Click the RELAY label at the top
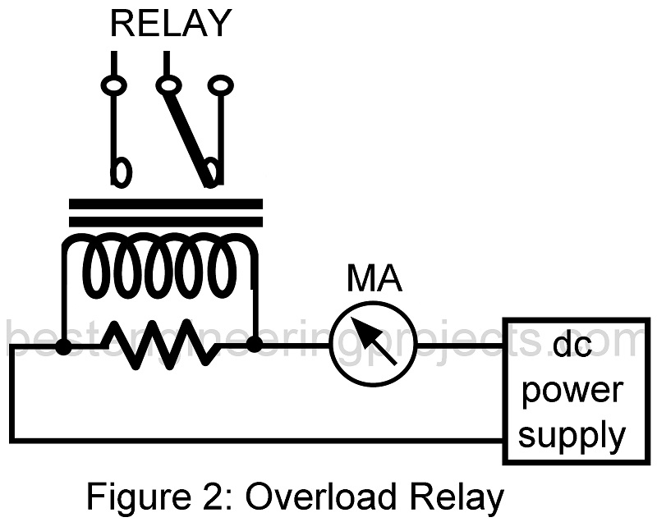171,24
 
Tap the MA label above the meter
374,279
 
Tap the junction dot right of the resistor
255,345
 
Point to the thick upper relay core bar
165,204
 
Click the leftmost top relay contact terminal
113,84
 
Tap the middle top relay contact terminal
168,84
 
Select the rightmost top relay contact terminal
219,84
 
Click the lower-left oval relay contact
121,172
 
